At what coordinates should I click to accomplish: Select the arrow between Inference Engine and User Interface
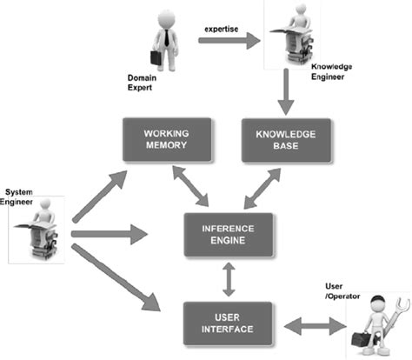pyautogui.click(x=229, y=278)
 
